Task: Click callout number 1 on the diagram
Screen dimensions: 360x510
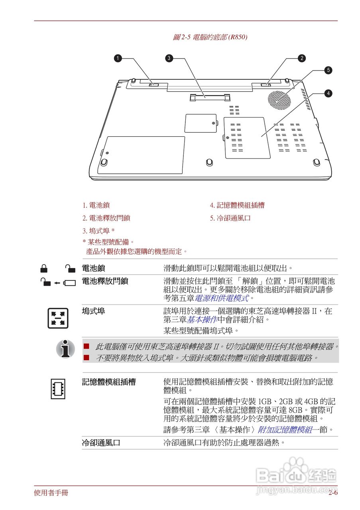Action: (x=118, y=58)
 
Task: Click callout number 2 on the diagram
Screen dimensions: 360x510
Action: (x=302, y=58)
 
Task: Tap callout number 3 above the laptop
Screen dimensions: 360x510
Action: (x=169, y=58)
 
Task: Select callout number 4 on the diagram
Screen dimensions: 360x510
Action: (x=328, y=93)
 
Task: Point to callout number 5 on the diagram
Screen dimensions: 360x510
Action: (x=328, y=70)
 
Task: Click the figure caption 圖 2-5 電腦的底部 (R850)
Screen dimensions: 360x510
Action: (x=210, y=37)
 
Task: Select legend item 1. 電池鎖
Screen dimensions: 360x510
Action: (x=96, y=206)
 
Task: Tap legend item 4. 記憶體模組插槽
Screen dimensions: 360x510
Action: (x=237, y=206)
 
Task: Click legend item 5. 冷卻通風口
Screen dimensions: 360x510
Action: (x=230, y=218)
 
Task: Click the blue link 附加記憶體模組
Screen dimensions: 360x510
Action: (x=285, y=430)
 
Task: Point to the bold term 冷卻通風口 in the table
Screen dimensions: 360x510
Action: (x=101, y=443)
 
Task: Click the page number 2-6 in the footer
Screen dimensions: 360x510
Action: (x=333, y=493)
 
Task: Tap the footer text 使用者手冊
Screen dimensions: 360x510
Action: (x=51, y=493)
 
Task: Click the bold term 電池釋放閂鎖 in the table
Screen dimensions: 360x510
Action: (x=105, y=281)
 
